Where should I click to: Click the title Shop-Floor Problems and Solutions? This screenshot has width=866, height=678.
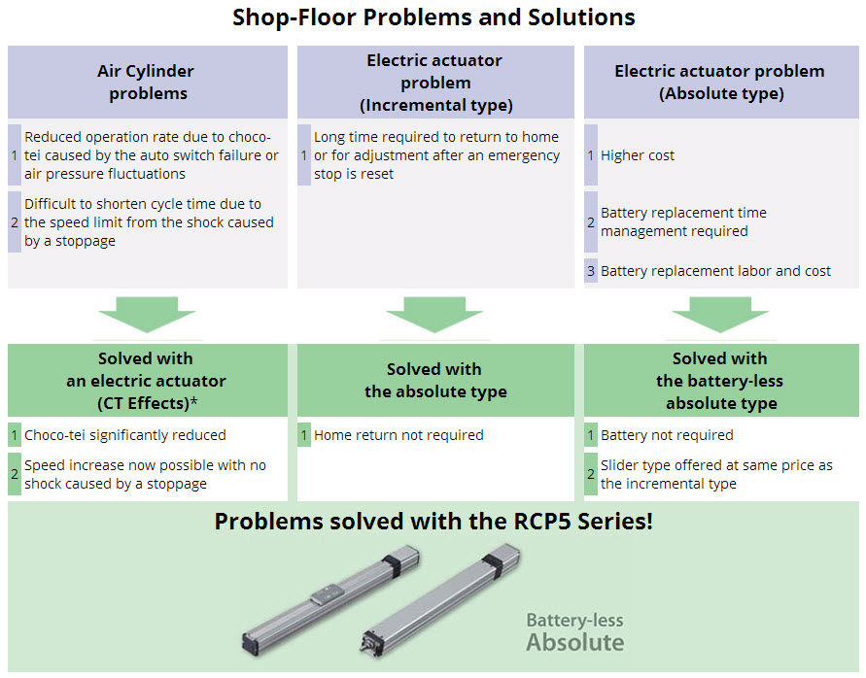433,17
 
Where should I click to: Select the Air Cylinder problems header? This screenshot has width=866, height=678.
147,83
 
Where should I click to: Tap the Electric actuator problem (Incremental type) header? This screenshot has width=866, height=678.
435,83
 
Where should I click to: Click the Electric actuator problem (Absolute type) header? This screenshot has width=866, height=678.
719,83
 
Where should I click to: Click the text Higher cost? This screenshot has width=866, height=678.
638,155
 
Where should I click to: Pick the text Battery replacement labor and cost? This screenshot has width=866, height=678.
715,272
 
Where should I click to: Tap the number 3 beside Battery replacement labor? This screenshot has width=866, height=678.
591,272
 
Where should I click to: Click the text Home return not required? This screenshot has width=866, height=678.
398,435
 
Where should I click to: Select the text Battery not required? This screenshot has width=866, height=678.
667,435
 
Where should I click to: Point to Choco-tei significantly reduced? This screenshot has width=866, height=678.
125,435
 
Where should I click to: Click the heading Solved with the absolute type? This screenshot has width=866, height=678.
434,380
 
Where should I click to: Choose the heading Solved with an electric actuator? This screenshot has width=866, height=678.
147,380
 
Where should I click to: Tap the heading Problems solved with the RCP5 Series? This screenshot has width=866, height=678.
433,521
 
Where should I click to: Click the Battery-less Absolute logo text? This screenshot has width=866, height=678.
574,632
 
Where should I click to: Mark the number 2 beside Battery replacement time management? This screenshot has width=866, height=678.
591,222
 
